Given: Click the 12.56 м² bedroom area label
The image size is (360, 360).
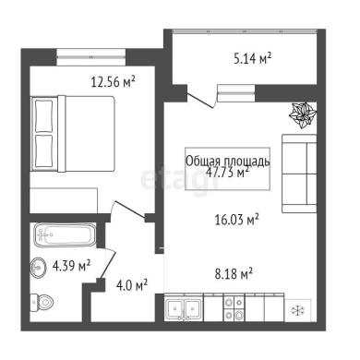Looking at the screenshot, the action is click(113, 82).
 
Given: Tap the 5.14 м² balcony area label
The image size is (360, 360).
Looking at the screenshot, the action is click(252, 58).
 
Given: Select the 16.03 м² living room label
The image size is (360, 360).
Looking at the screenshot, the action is click(236, 220).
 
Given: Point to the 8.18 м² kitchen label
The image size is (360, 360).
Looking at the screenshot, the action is click(234, 273).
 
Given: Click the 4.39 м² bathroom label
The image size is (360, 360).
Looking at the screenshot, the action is click(71, 265).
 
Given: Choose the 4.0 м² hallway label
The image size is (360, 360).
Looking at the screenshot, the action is click(132, 285).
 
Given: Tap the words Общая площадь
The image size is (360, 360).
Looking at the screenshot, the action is click(228, 161).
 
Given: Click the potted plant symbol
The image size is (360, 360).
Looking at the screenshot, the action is click(303, 114).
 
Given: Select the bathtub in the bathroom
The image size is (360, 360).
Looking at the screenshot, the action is click(65, 234).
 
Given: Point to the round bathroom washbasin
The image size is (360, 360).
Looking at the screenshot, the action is click(38, 268).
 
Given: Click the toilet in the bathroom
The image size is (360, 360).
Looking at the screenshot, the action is click(42, 303).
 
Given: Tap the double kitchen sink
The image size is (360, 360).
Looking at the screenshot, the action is click(184, 308).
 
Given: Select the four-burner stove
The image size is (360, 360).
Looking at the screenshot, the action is click(234, 308).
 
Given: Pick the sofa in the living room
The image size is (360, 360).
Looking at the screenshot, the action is click(299, 174).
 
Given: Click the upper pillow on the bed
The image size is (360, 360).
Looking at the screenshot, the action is click(43, 115).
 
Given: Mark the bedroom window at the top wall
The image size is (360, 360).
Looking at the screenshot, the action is click(91, 56).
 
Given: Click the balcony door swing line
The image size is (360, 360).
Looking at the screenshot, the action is click(200, 101).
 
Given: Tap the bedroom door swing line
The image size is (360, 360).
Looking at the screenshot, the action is click(130, 210).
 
